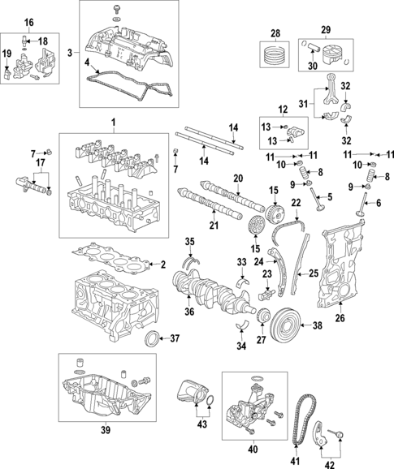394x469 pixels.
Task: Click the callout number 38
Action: pyautogui.click(x=318, y=325)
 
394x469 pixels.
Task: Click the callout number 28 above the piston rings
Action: pyautogui.click(x=274, y=32)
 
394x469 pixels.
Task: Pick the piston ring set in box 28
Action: pyautogui.click(x=274, y=57)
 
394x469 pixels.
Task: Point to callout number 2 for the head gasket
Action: pyautogui.click(x=162, y=264)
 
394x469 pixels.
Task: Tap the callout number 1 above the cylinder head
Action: pyautogui.click(x=113, y=123)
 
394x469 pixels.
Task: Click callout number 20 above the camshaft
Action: pyautogui.click(x=238, y=178)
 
